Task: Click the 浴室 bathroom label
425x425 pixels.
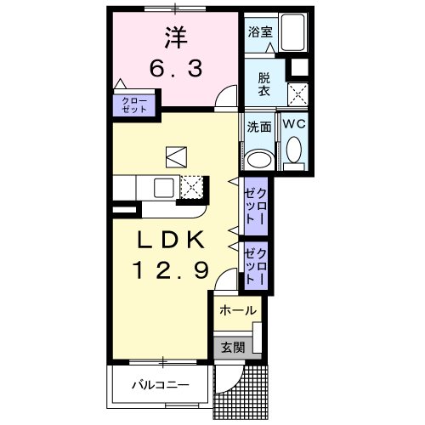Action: point(260,32)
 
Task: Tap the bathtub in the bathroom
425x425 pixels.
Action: point(293,32)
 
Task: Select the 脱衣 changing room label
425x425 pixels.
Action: point(264,85)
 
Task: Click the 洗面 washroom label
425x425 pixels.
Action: point(259,127)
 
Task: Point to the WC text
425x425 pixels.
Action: point(294,124)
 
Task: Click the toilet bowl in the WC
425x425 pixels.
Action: point(294,150)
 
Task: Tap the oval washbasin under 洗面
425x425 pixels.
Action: point(261,160)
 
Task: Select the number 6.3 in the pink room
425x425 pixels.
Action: point(176,68)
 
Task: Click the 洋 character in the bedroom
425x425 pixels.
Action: point(176,37)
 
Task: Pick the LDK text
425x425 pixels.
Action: point(171,240)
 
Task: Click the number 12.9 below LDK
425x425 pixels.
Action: point(171,269)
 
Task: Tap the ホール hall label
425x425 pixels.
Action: point(238,310)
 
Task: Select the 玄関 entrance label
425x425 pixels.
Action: point(233,347)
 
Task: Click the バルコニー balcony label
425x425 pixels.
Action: point(161,385)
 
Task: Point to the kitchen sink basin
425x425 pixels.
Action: point(164,188)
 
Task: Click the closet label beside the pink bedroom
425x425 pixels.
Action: point(134,105)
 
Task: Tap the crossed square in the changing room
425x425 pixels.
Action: point(297,94)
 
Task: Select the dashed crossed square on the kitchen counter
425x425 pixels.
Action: point(192,187)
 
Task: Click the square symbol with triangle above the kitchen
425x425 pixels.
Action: point(176,156)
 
